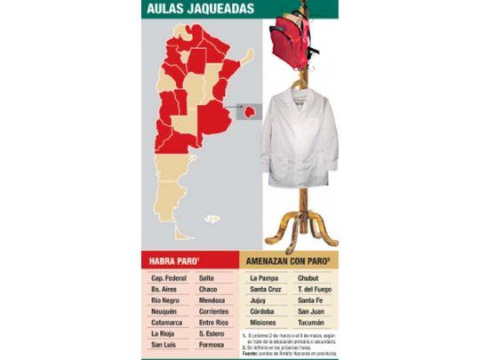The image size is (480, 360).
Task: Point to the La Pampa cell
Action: tap(266, 278)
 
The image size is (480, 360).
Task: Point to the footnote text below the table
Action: tap(289, 341)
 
